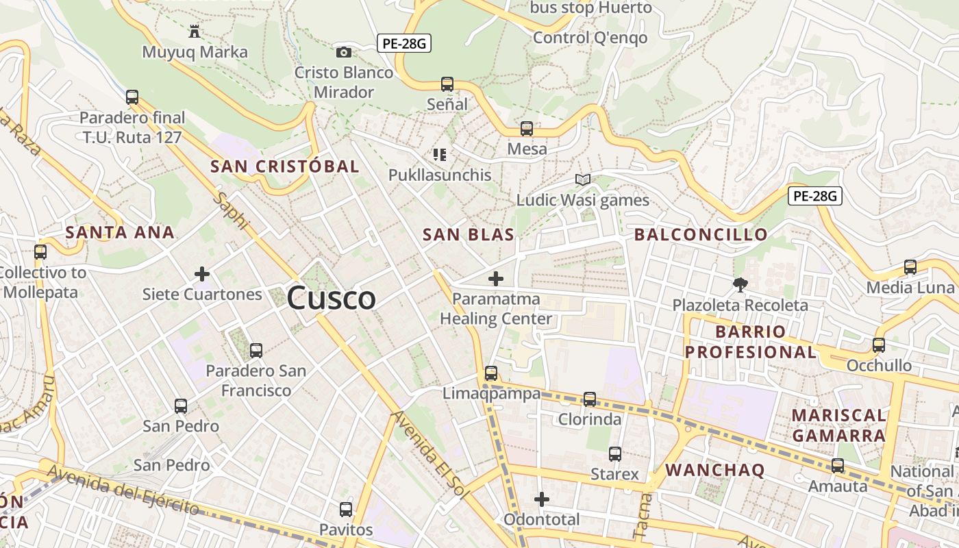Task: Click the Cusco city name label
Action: (x=332, y=299)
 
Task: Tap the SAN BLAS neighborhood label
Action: (x=469, y=235)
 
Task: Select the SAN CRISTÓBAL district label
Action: (x=285, y=166)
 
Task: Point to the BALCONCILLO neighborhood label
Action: (x=701, y=235)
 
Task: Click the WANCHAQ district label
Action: (x=715, y=471)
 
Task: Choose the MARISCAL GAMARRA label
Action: (x=838, y=425)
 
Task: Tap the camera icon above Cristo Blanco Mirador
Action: (x=344, y=52)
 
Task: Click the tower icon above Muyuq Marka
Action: (x=195, y=32)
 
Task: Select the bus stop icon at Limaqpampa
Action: (x=491, y=373)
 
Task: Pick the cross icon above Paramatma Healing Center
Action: (x=496, y=279)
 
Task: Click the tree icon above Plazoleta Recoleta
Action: (x=740, y=284)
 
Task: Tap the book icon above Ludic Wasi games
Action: (x=583, y=180)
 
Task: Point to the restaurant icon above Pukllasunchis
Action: (x=440, y=155)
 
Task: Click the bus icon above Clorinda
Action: (x=590, y=399)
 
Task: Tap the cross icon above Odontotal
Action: (x=542, y=499)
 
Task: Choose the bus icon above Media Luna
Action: (x=910, y=267)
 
